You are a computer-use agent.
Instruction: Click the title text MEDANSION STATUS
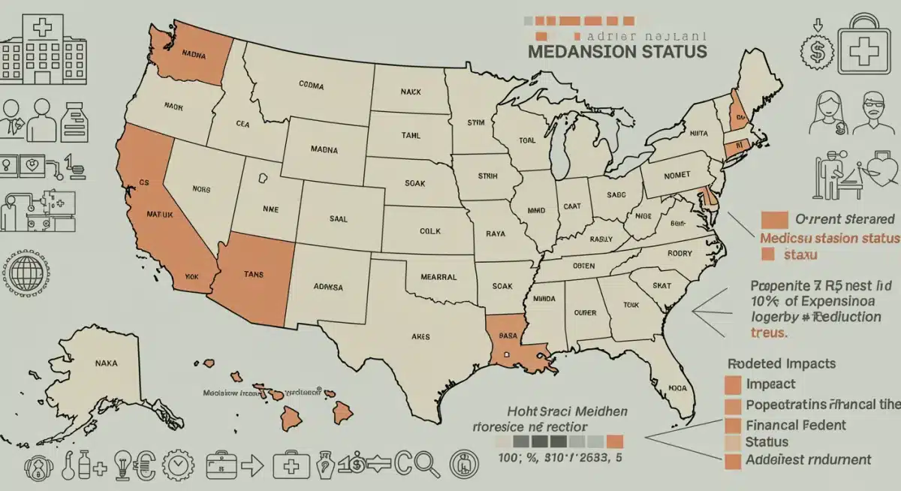[x=616, y=52]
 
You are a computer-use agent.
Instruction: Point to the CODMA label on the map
[x=311, y=86]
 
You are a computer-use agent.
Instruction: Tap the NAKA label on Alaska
[x=107, y=363]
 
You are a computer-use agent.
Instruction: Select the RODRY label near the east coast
[x=679, y=253]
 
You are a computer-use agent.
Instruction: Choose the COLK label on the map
[x=430, y=231]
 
